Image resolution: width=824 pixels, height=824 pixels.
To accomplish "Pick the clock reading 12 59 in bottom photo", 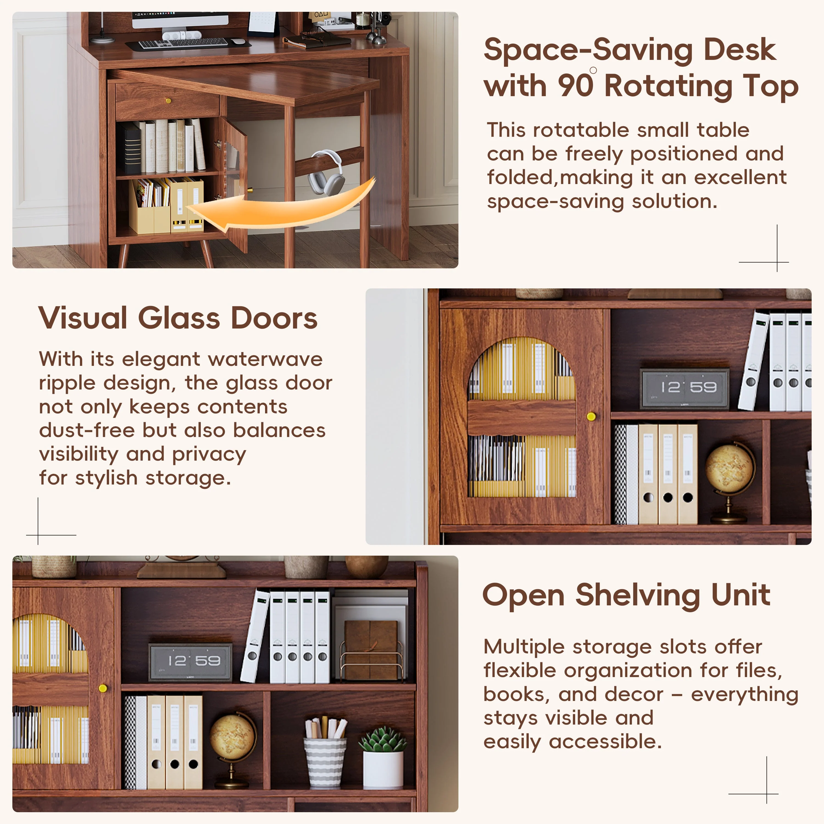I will (x=191, y=661).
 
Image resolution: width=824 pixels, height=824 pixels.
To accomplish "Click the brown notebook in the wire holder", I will (x=371, y=649).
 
